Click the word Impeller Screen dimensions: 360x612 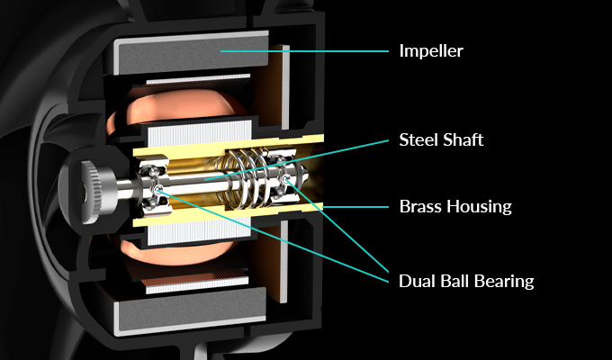(431, 50)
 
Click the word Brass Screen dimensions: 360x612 (419, 206)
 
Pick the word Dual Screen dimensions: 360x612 (416, 281)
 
